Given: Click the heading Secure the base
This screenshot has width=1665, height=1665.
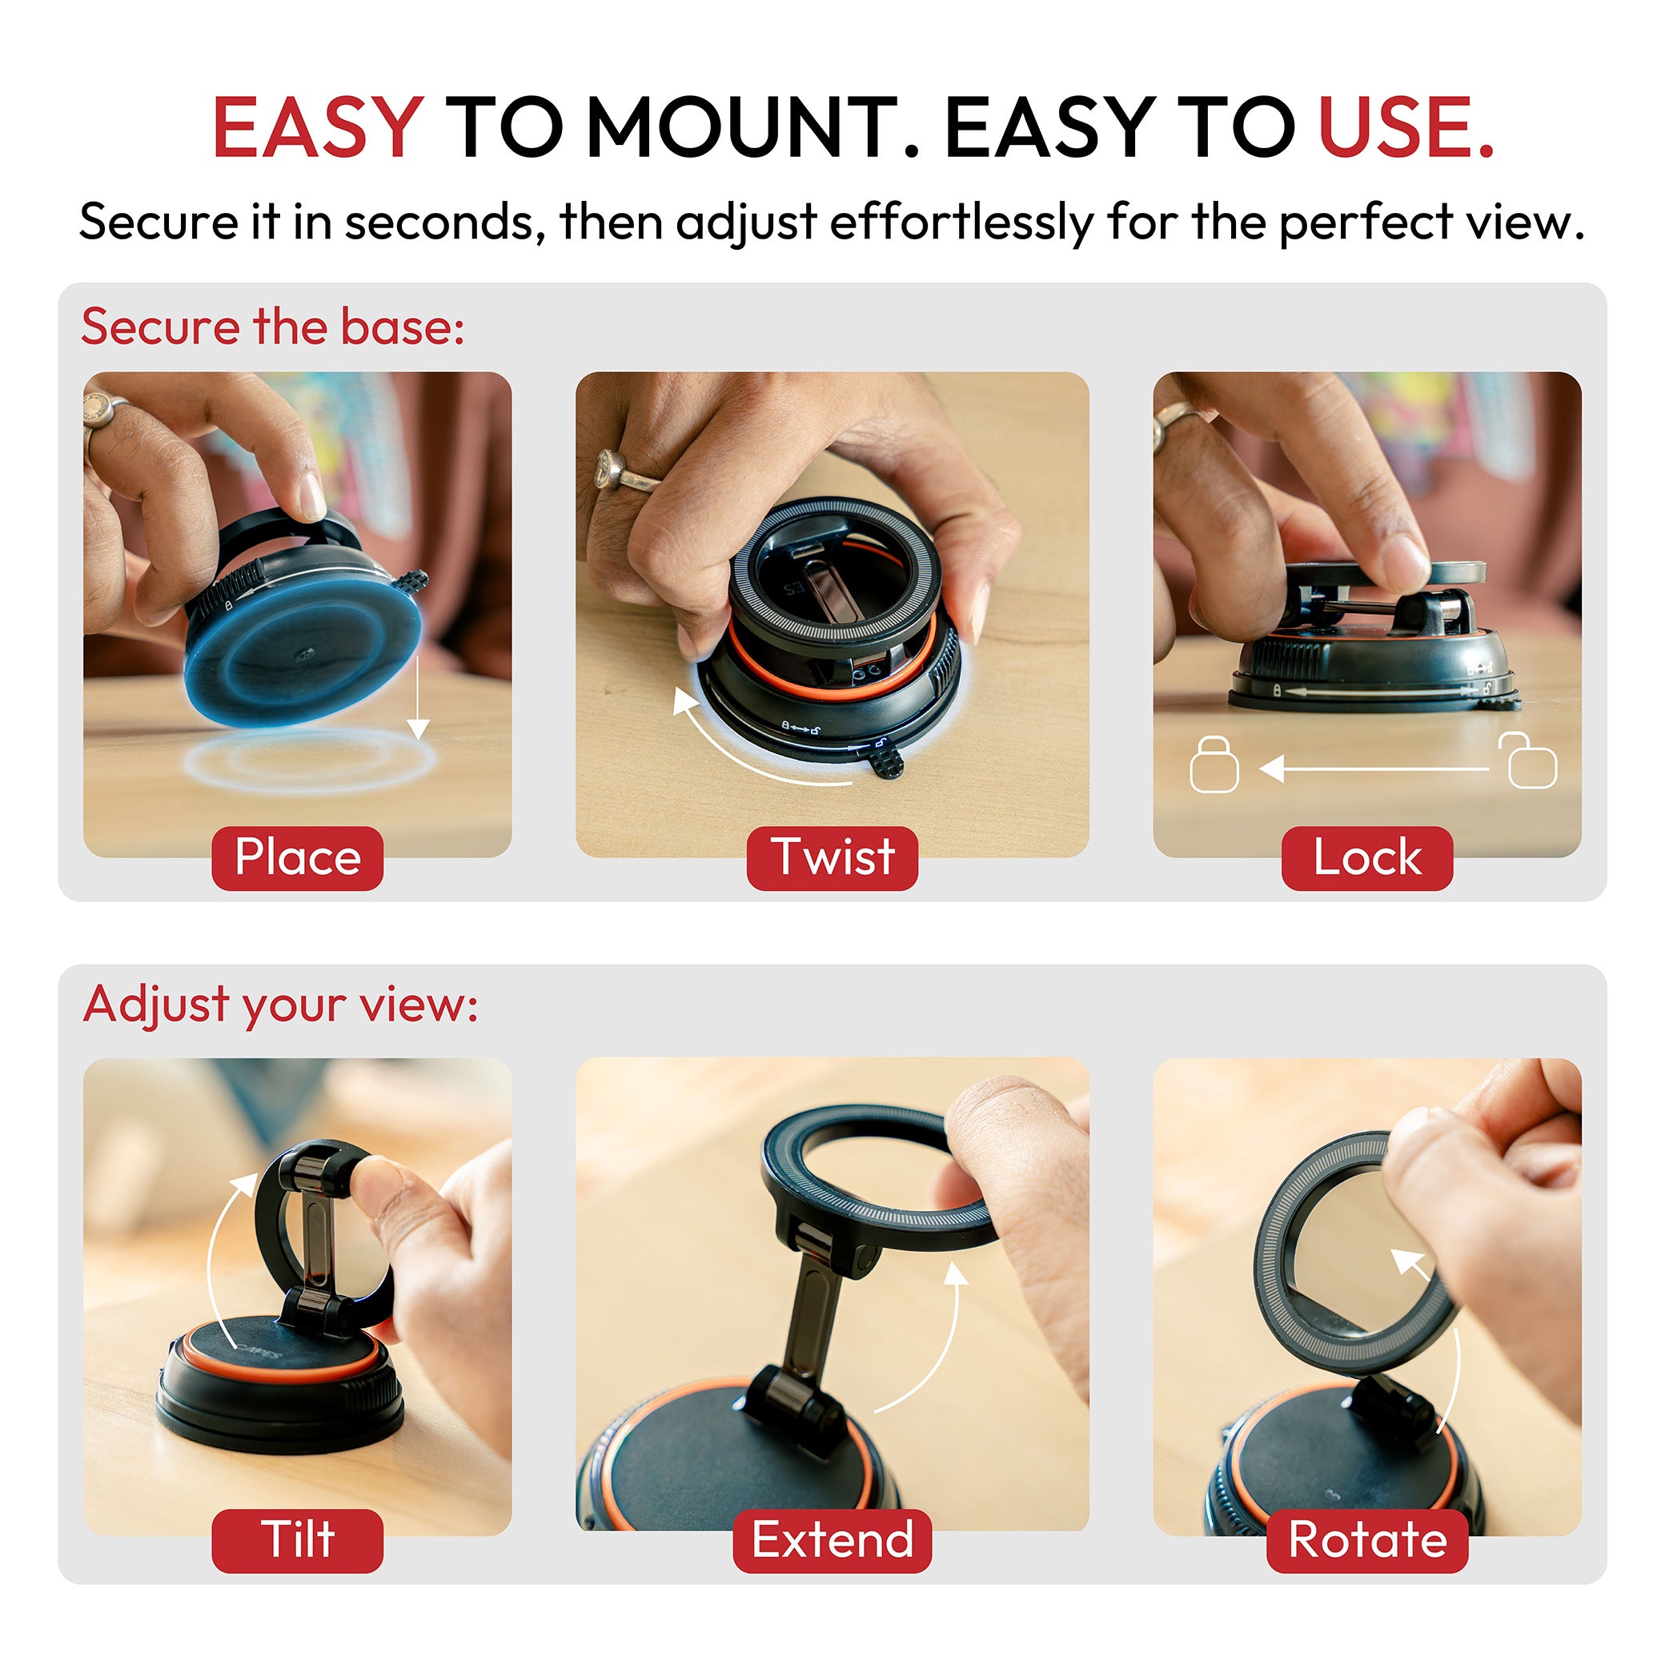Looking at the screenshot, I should click(x=272, y=327).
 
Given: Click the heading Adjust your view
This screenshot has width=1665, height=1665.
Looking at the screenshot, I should click(x=280, y=1004).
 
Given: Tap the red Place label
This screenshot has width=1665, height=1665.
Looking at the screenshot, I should click(x=297, y=857).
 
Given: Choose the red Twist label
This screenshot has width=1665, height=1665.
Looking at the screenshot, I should click(x=832, y=857).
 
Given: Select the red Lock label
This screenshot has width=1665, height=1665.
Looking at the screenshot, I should click(x=1366, y=857).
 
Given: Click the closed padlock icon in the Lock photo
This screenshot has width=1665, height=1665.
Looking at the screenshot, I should click(x=1214, y=764).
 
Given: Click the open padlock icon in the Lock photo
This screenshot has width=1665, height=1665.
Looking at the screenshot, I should click(x=1531, y=760).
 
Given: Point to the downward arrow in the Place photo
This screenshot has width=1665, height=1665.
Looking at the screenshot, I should click(x=417, y=698).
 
